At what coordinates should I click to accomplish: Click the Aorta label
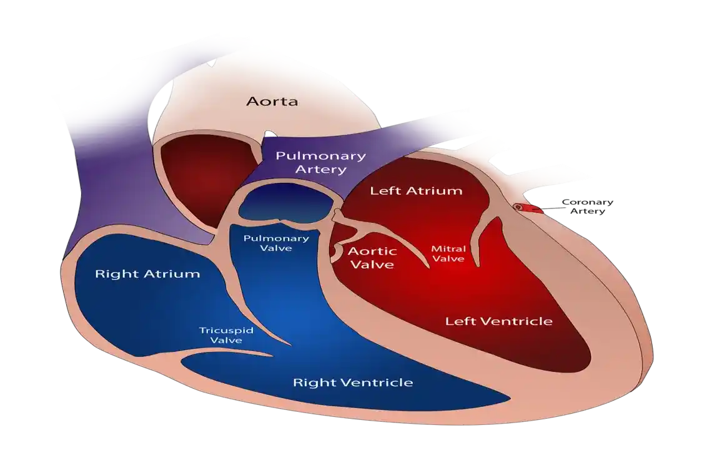point(271,101)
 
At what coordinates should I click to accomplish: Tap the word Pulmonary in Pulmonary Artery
point(320,156)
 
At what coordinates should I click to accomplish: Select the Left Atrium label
point(416,191)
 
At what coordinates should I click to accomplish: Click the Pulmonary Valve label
point(276,243)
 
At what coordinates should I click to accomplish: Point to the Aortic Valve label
point(372,258)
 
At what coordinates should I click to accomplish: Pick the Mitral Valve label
point(448,253)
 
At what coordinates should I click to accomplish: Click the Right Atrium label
point(147,274)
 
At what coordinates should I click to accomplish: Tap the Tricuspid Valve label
point(226,335)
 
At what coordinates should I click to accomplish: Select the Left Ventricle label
point(498,321)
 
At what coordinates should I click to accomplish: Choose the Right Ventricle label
point(353,382)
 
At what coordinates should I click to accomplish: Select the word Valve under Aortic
point(372,265)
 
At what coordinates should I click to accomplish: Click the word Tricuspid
point(226,330)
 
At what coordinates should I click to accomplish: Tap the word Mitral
point(448,248)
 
